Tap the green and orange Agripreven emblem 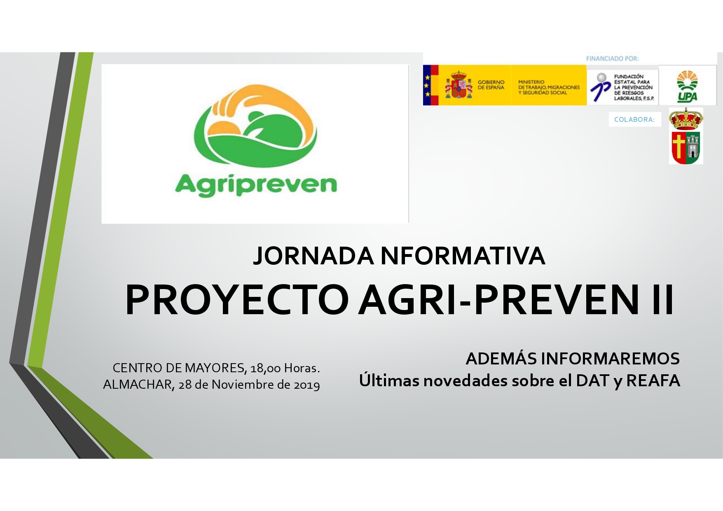point(255,126)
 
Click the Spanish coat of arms point(458,85)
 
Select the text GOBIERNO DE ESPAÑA point(491,85)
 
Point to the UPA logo point(687,86)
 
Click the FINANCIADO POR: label point(612,58)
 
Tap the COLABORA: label point(634,119)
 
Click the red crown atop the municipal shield point(686,119)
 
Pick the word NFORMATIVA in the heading point(463,256)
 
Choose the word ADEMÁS point(501,359)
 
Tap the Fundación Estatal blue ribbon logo point(600,88)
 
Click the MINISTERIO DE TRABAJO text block point(549,87)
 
